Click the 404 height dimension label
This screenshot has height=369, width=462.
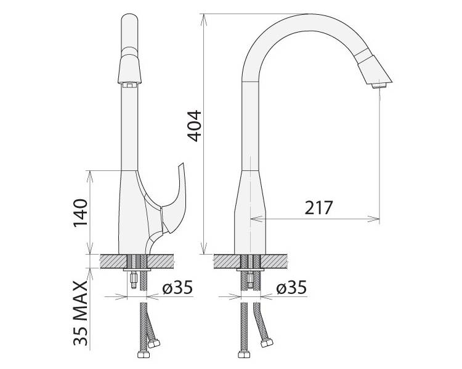[195, 126]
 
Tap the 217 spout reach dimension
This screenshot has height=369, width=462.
[318, 208]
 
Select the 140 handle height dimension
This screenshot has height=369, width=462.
[81, 213]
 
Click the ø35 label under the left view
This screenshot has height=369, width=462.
[177, 287]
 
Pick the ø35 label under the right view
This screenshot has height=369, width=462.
[291, 287]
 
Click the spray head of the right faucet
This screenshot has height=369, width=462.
[375, 69]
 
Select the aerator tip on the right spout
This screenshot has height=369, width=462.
[379, 85]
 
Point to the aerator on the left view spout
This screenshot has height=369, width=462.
[129, 85]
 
